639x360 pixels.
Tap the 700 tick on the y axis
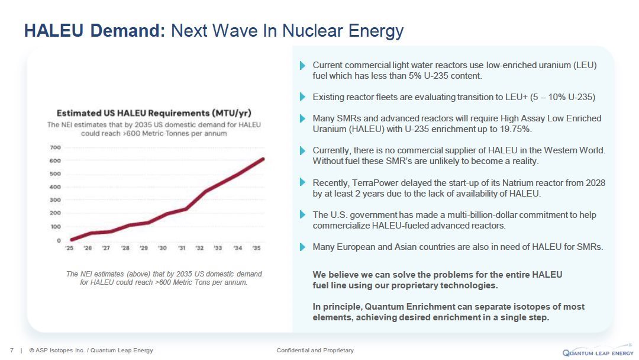click(x=55, y=147)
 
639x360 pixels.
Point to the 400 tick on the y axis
click(x=55, y=187)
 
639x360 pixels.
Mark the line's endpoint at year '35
click(x=263, y=159)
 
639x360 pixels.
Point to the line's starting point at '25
click(x=72, y=240)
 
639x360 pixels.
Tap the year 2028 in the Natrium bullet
click(x=595, y=182)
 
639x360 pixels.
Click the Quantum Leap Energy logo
click(x=598, y=351)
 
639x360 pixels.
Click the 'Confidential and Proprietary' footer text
click(x=315, y=351)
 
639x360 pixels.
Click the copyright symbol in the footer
click(x=31, y=351)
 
